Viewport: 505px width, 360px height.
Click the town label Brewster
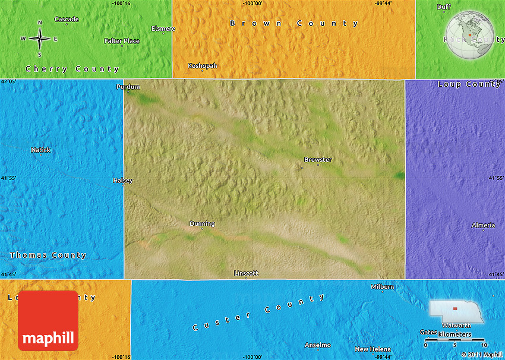pyautogui.click(x=318, y=159)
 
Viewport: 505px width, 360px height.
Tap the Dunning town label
pyautogui.click(x=202, y=223)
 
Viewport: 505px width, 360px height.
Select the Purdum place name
pyautogui.click(x=128, y=87)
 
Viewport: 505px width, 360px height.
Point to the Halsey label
pyautogui.click(x=123, y=180)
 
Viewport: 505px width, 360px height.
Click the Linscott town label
pyautogui.click(x=246, y=273)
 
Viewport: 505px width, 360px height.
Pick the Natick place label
pyautogui.click(x=41, y=150)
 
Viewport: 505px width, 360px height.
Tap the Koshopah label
pyautogui.click(x=202, y=65)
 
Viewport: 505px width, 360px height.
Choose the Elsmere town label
pyautogui.click(x=163, y=28)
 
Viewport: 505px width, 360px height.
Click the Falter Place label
pyautogui.click(x=122, y=41)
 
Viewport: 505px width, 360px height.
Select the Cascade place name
pyautogui.click(x=67, y=19)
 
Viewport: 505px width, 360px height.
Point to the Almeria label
pyautogui.click(x=483, y=225)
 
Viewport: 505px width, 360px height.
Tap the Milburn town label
pyautogui.click(x=383, y=286)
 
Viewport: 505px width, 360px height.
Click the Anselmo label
pyautogui.click(x=317, y=345)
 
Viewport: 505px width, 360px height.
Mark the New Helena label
pyautogui.click(x=373, y=349)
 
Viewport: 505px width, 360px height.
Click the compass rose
pyautogui.click(x=39, y=38)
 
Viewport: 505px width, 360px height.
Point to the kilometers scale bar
pyautogui.click(x=454, y=340)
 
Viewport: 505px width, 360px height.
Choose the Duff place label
pyautogui.click(x=444, y=7)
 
